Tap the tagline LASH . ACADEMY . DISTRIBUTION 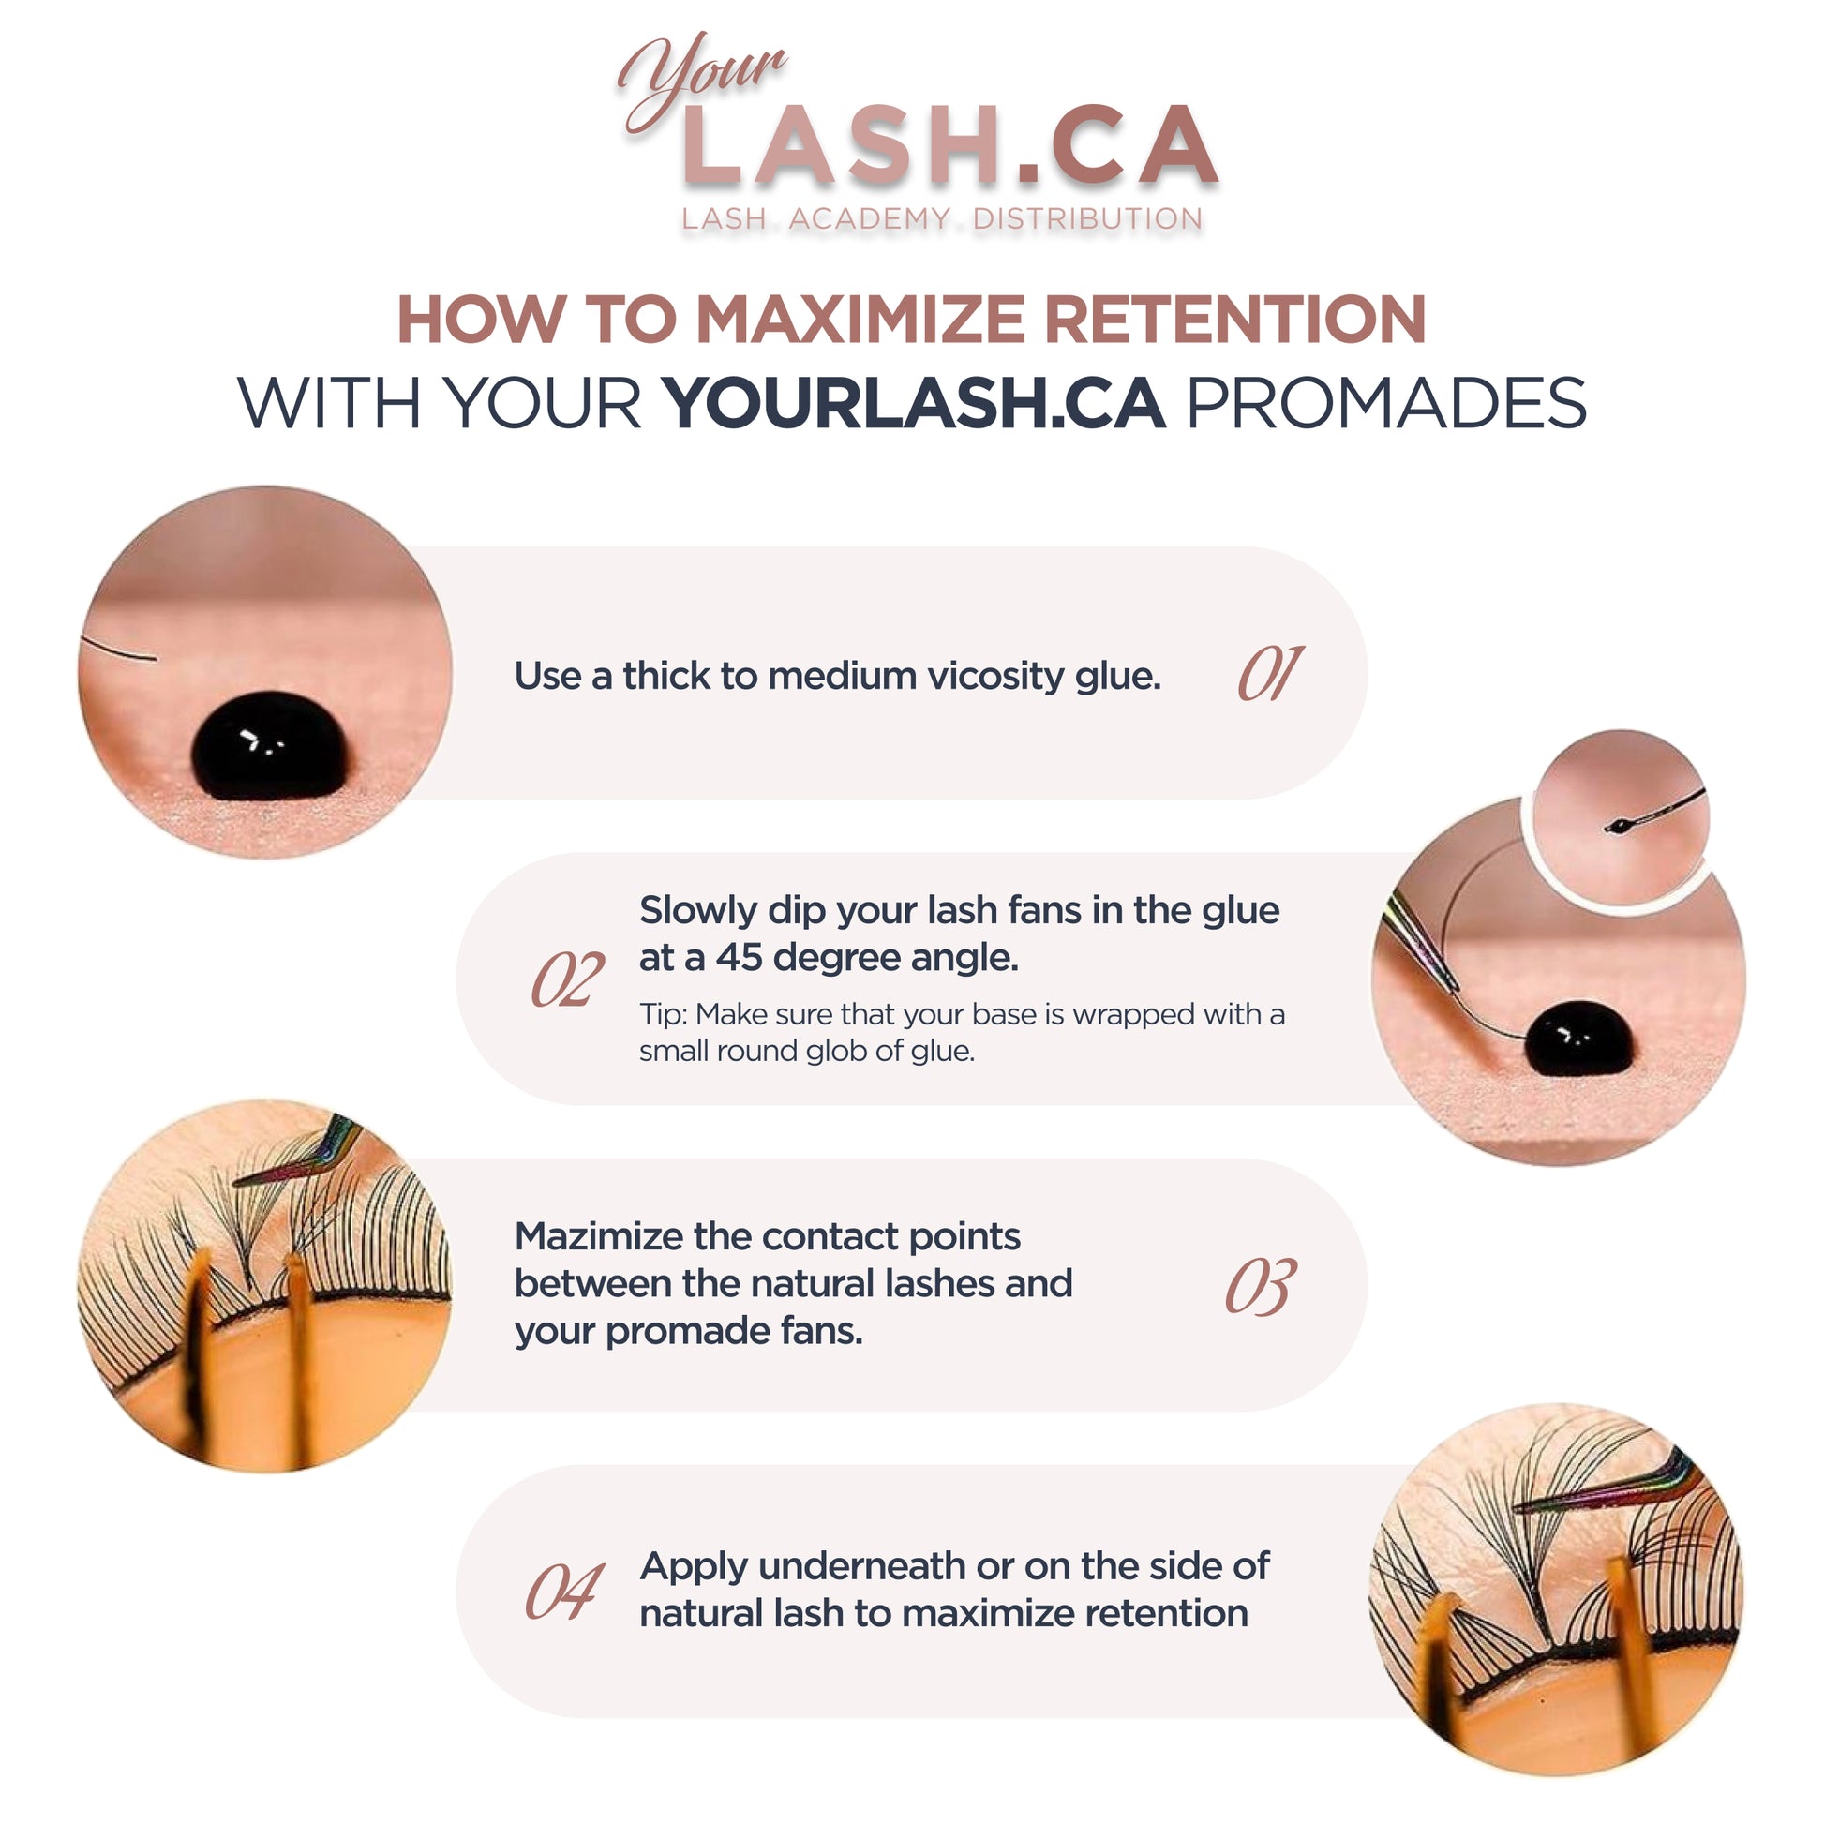click(942, 219)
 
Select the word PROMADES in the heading click(1386, 403)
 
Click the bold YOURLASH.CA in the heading click(914, 403)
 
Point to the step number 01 click(1271, 673)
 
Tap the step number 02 click(567, 979)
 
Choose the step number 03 click(1262, 1286)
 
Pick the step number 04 click(564, 1592)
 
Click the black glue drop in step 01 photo click(269, 746)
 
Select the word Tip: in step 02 click(663, 1015)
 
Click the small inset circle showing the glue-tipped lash click(1620, 819)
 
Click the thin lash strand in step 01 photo click(119, 650)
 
